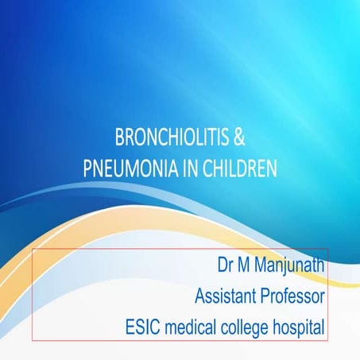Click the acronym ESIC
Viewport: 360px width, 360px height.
pyautogui.click(x=144, y=326)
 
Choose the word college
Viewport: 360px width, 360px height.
pyautogui.click(x=250, y=326)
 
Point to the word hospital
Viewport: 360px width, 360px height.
pyautogui.click(x=301, y=326)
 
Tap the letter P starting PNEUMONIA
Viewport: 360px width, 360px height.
pyautogui.click(x=87, y=168)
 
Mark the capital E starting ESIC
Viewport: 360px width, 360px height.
pyautogui.click(x=130, y=326)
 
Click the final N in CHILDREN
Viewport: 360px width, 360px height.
pyautogui.click(x=273, y=168)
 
